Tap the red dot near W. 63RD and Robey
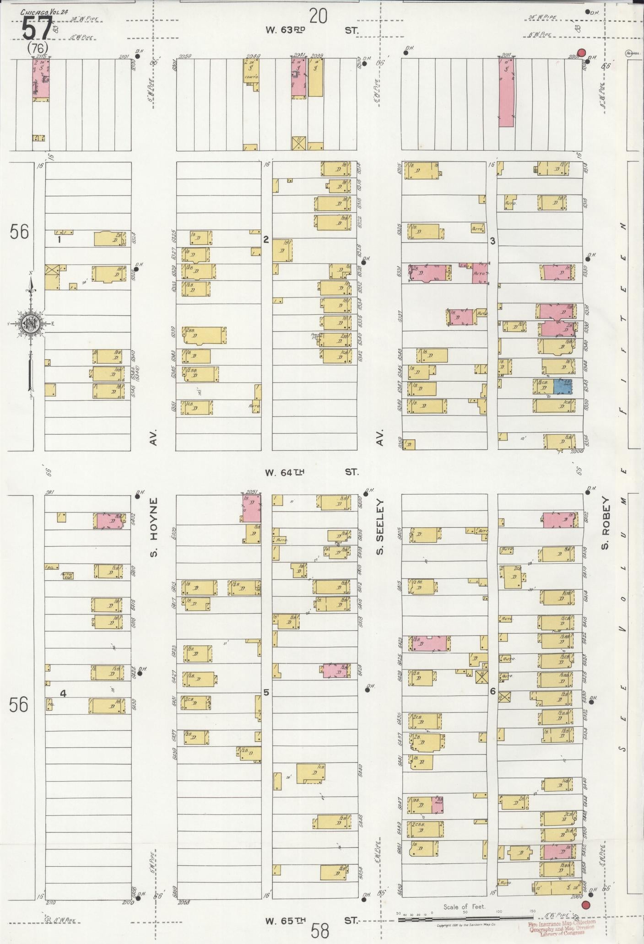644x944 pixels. pyautogui.click(x=581, y=53)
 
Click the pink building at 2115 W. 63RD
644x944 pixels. pyautogui.click(x=41, y=79)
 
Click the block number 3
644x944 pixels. pyautogui.click(x=492, y=241)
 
